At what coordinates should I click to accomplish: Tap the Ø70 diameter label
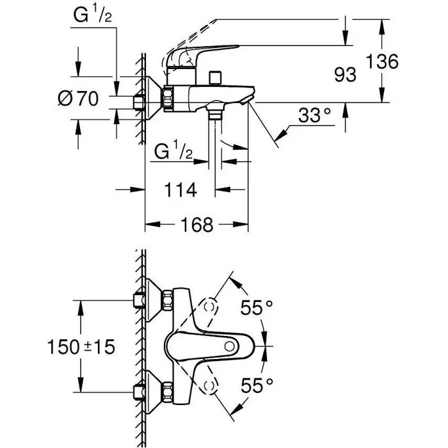pyautogui.click(x=77, y=99)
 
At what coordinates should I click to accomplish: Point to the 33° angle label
pyautogui.click(x=316, y=116)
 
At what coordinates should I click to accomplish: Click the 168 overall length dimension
pyautogui.click(x=196, y=225)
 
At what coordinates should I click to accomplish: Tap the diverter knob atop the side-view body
pyautogui.click(x=219, y=78)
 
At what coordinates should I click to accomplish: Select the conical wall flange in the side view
pyautogui.click(x=152, y=99)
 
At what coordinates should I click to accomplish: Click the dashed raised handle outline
pyautogui.click(x=256, y=29)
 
